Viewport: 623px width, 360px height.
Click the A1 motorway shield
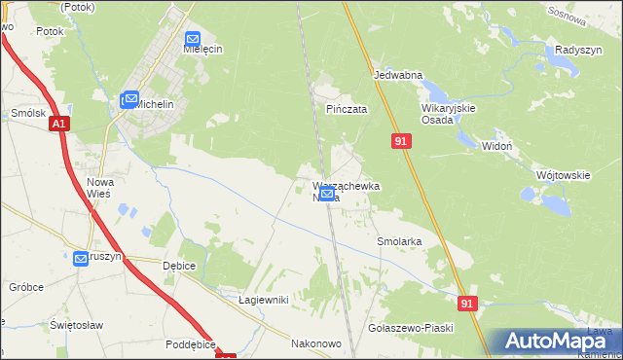click(60, 124)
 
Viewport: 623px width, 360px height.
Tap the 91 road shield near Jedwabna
click(401, 142)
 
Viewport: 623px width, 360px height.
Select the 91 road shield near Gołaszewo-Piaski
click(468, 304)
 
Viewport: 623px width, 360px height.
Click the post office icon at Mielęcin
click(192, 40)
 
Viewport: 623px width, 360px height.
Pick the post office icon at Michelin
click(129, 99)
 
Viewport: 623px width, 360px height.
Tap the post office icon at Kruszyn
click(81, 258)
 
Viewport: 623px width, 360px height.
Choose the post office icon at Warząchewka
click(328, 194)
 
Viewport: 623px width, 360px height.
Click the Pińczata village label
click(347, 110)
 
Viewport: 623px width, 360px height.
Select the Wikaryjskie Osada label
click(448, 114)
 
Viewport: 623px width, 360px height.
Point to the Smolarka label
click(398, 239)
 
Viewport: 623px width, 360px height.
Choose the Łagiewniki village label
click(264, 300)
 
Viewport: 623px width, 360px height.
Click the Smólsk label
click(28, 113)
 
